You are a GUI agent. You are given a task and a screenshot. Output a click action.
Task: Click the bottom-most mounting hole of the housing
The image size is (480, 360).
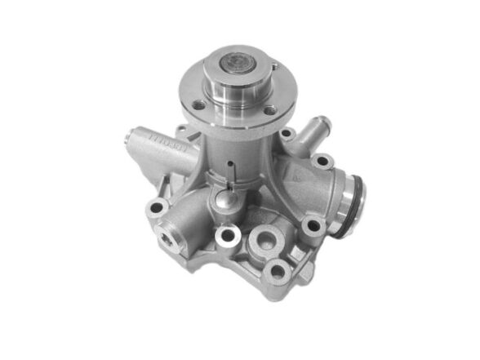[x=278, y=272]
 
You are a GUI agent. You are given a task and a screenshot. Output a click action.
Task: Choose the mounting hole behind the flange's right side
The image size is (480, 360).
[x=287, y=134]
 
